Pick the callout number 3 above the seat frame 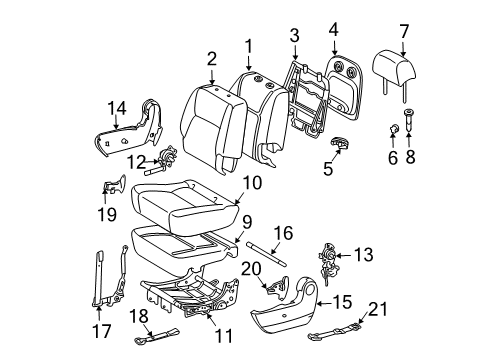pos(293,37)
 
